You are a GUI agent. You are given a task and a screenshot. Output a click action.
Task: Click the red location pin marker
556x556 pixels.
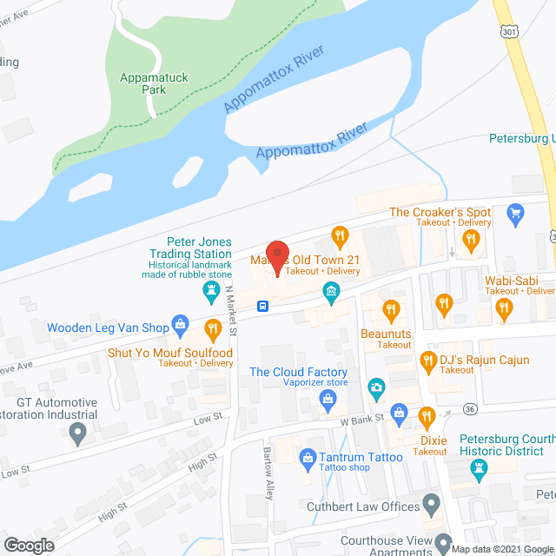click(x=276, y=255)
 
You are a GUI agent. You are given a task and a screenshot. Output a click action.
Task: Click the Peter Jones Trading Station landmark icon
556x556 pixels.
click(x=209, y=289)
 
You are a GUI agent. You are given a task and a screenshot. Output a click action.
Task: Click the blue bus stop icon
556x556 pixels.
click(x=261, y=306)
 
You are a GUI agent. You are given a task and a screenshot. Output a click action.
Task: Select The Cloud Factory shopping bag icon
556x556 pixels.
click(x=328, y=398)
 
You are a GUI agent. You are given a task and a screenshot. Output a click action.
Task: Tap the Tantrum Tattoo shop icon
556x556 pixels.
click(x=307, y=457)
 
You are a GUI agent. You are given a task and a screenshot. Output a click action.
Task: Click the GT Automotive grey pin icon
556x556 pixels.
click(x=78, y=434)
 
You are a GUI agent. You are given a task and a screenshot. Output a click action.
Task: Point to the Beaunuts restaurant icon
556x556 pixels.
click(x=392, y=308)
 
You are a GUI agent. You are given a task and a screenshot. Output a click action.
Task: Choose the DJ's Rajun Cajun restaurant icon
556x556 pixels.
click(x=427, y=360)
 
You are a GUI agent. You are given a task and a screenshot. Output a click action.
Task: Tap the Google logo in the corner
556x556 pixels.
click(x=30, y=545)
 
